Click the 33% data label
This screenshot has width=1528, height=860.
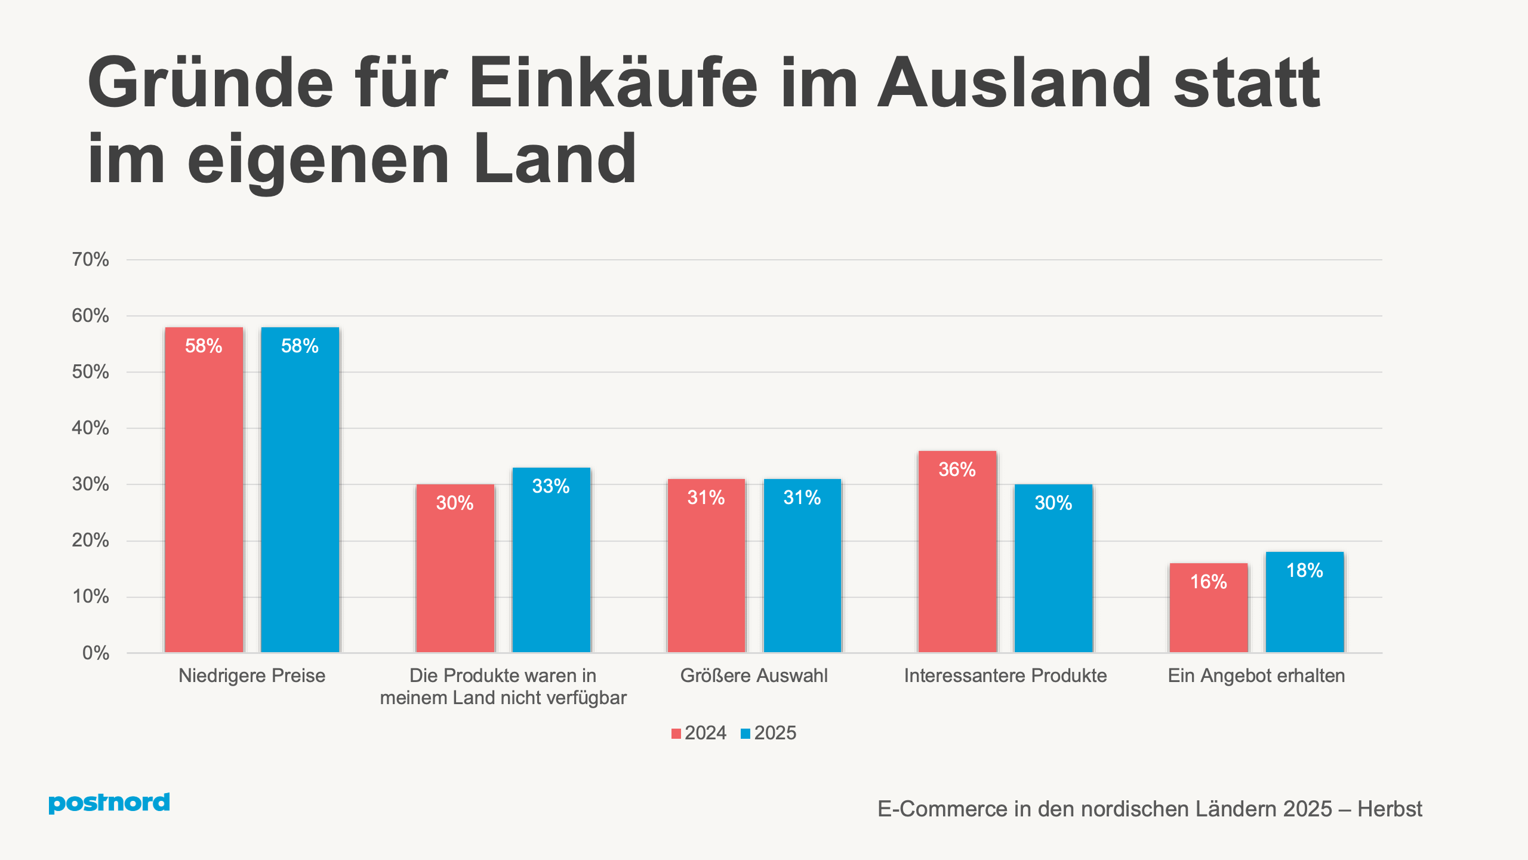(x=550, y=486)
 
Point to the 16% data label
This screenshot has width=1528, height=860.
(x=1208, y=582)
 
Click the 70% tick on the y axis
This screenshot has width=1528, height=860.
(x=91, y=259)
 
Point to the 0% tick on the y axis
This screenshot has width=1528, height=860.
(x=95, y=653)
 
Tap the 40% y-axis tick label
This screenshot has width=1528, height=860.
(x=91, y=428)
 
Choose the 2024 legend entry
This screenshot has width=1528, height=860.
(x=699, y=733)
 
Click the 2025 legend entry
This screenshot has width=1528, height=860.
(x=769, y=733)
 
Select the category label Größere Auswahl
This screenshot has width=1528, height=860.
(x=754, y=675)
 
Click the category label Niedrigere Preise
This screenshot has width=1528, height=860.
(x=252, y=675)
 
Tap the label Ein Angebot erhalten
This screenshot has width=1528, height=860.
(x=1256, y=675)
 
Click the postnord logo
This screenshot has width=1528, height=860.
(x=109, y=802)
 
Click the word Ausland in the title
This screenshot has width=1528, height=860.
(x=1014, y=84)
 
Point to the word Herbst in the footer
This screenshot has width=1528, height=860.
(x=1390, y=809)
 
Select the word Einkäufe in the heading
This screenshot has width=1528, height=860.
(x=613, y=84)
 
